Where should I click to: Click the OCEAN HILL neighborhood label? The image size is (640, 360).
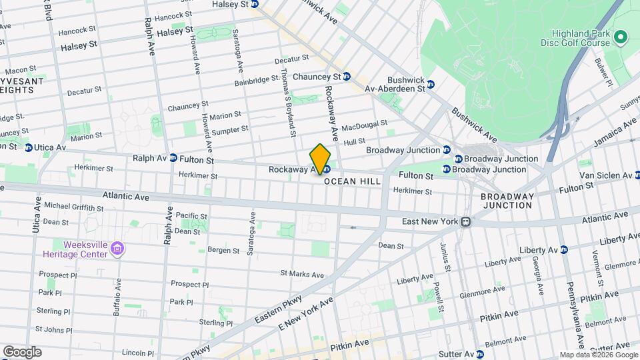point(352,181)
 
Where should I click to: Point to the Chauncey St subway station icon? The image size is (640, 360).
point(347,77)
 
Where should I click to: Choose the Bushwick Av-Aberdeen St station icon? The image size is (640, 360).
point(431,85)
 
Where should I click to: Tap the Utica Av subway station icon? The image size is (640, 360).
point(29,147)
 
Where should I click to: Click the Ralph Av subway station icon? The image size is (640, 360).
point(173,158)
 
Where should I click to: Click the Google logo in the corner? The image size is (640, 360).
point(22,352)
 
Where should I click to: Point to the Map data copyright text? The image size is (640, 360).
point(598,355)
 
